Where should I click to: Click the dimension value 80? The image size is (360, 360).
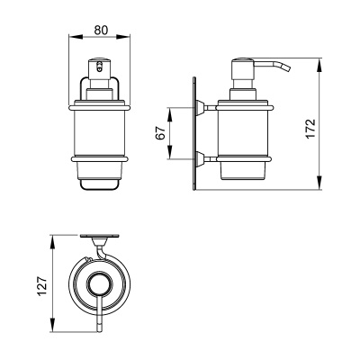coord(101,30)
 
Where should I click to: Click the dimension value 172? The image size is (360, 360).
coord(311,129)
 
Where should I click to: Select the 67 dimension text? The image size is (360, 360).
coord(160,133)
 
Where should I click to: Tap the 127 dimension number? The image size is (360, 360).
coord(42,286)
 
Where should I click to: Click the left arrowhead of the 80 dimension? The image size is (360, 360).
coord(76,37)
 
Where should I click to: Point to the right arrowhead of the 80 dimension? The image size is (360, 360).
coord(123,37)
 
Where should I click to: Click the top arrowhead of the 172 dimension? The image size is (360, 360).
coord(319,65)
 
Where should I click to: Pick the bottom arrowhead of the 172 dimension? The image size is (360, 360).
coord(319,183)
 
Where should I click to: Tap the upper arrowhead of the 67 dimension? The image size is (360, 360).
coord(169,114)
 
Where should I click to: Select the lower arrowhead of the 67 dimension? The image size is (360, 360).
coord(169,152)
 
